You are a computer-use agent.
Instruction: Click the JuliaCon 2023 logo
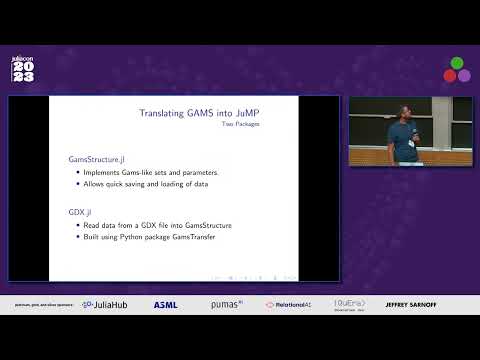coord(23,68)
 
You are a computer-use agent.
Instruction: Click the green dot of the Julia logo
coord(457,63)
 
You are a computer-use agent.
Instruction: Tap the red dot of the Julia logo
coord(450,75)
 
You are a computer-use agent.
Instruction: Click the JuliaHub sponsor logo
coord(105,304)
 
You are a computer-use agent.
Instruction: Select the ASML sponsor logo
coord(165,304)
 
